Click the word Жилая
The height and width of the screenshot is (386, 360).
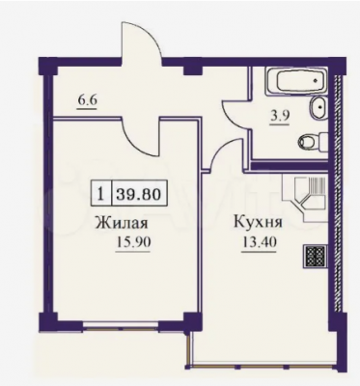click(122, 223)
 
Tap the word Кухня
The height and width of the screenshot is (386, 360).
click(258, 223)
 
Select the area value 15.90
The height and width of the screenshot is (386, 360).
click(132, 242)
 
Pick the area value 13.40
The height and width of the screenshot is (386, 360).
click(259, 242)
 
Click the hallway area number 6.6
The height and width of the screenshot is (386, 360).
click(87, 100)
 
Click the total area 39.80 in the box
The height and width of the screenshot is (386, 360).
click(138, 194)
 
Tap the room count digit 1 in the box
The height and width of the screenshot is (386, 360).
click(101, 194)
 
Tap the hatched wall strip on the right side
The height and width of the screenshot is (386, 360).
click(337, 193)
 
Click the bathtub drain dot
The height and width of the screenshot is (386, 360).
click(316, 79)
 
